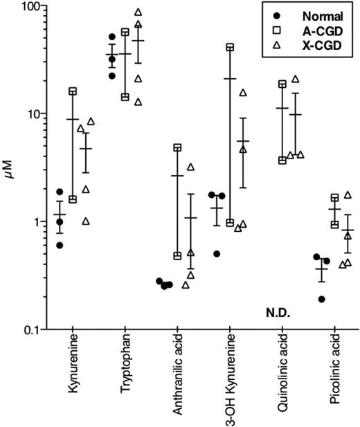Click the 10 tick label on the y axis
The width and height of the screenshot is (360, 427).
pyautogui.click(x=32, y=113)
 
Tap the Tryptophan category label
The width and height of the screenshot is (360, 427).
pyautogui.click(x=125, y=370)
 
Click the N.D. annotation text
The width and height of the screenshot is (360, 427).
pyautogui.click(x=280, y=313)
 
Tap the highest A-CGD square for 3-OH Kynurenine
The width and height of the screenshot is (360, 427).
pyautogui.click(x=230, y=47)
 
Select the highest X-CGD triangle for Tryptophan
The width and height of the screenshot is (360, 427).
pyautogui.click(x=138, y=12)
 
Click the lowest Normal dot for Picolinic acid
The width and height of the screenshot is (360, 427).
pyautogui.click(x=321, y=299)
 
